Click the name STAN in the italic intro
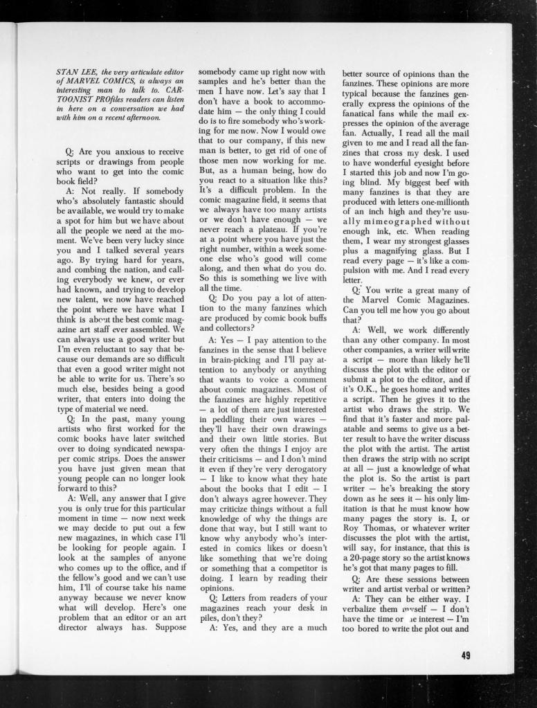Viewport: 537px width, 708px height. click(67, 72)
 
